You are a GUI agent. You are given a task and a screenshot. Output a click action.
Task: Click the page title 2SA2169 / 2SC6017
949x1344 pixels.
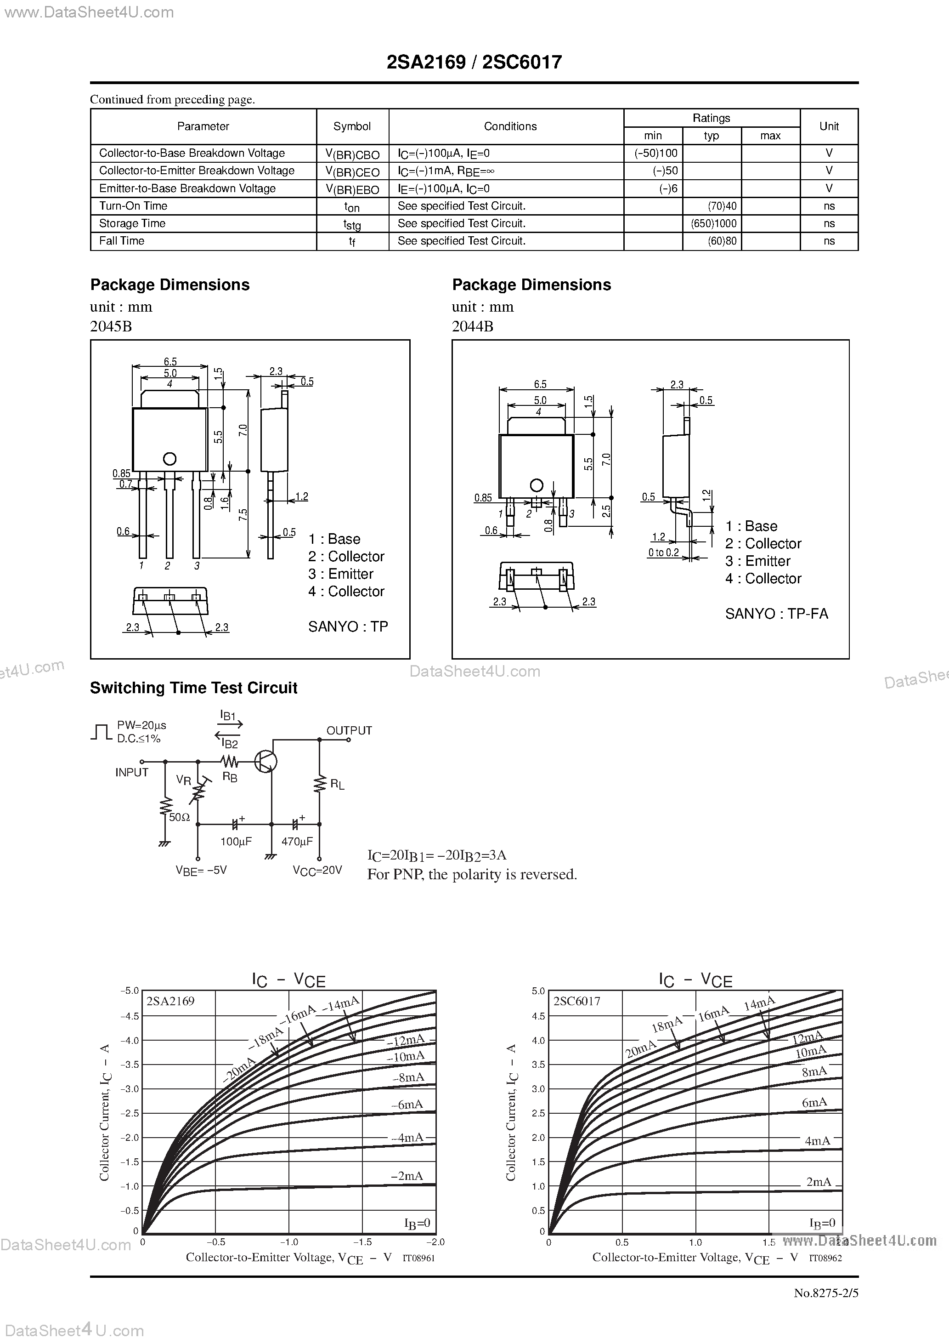point(474,62)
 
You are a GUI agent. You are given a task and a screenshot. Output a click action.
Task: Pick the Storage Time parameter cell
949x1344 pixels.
point(132,223)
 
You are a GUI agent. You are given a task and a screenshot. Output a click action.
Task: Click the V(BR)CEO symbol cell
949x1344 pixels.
point(352,171)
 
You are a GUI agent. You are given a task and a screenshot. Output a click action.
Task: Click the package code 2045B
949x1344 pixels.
point(111,327)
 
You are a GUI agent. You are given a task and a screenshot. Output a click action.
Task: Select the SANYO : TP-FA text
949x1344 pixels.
point(776,614)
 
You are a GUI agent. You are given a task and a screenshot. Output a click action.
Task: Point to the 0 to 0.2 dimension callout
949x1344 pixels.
point(663,552)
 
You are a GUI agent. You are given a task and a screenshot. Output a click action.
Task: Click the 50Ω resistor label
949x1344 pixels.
point(179,817)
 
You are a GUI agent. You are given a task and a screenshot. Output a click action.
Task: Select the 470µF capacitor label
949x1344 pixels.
point(297,842)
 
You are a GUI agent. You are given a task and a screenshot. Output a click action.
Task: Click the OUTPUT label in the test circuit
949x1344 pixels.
point(349,730)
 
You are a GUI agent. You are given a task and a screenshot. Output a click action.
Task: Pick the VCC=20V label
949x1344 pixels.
point(317,870)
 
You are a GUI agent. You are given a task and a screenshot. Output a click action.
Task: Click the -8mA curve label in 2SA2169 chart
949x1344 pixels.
point(407,1077)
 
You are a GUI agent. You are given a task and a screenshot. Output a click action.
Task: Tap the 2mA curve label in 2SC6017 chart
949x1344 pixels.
point(818,1181)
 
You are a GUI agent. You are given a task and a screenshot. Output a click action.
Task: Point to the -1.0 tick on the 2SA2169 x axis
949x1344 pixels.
point(288,1241)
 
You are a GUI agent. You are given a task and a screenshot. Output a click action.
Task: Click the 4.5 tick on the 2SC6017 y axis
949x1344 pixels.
point(538,1016)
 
